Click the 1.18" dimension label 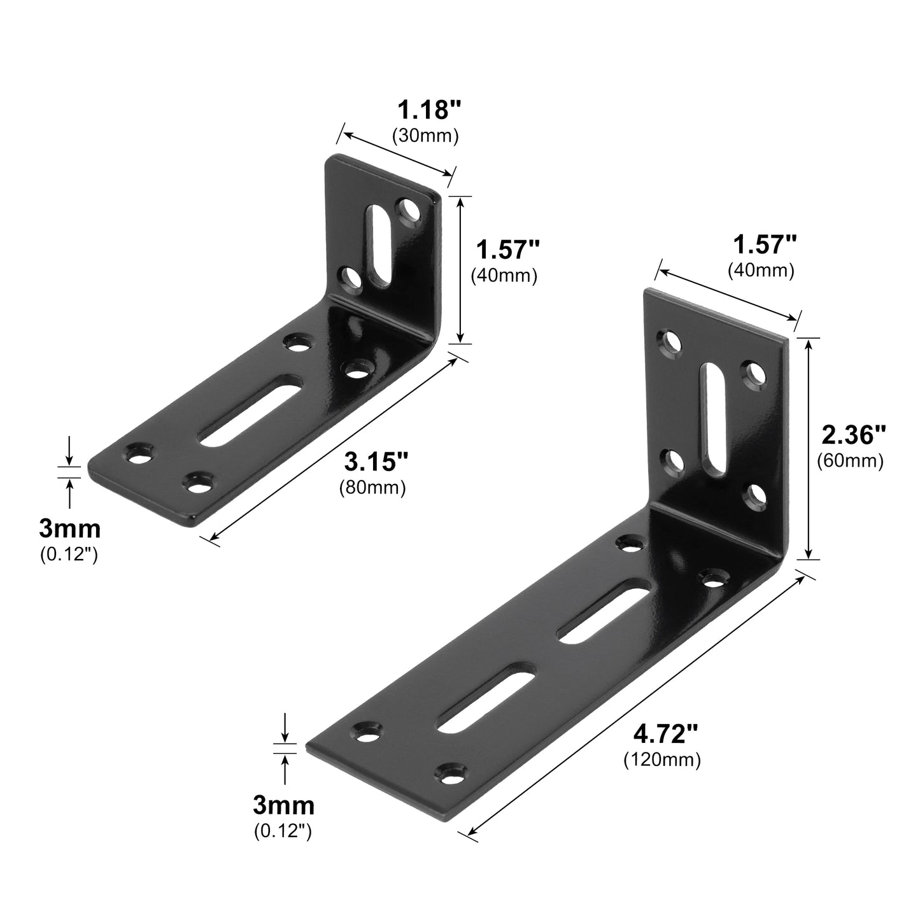pyautogui.click(x=428, y=110)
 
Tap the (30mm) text pyautogui.click(x=425, y=136)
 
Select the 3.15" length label pyautogui.click(x=376, y=461)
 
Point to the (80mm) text pyautogui.click(x=372, y=488)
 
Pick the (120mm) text pyautogui.click(x=662, y=760)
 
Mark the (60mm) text pyautogui.click(x=850, y=461)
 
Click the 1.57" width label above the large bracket pyautogui.click(x=764, y=244)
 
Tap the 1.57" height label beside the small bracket pyautogui.click(x=507, y=250)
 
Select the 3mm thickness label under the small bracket pyautogui.click(x=69, y=528)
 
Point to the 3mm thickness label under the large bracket pyautogui.click(x=283, y=805)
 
